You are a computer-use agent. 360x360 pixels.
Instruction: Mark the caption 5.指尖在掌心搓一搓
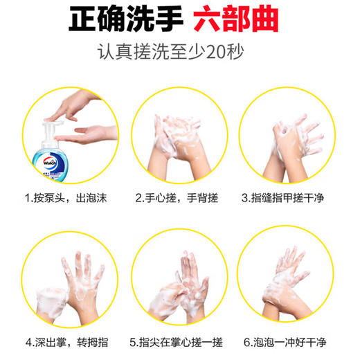click(x=177, y=341)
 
